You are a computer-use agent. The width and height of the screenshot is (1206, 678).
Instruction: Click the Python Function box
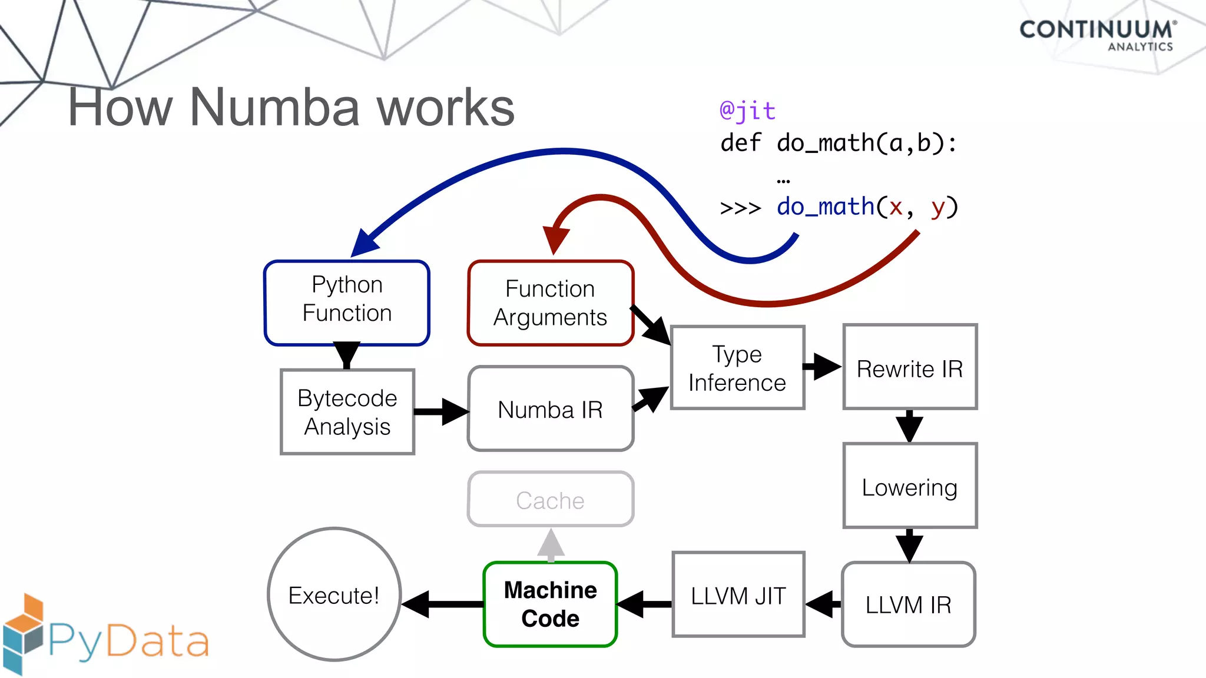coord(347,303)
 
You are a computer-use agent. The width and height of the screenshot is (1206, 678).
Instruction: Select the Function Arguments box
coord(550,303)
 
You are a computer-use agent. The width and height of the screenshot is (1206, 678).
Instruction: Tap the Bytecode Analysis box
coord(347,411)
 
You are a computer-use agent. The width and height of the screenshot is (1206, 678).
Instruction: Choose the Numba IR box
coord(550,409)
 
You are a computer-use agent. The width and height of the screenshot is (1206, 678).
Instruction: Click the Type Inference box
coord(737,368)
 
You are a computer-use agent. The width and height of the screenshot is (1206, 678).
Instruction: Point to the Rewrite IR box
coord(909,367)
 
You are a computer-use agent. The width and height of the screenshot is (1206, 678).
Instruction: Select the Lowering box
coord(909,486)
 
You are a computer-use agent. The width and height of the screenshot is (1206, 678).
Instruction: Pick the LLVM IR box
coord(908,604)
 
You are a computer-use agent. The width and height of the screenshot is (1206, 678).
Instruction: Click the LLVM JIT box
coord(738,595)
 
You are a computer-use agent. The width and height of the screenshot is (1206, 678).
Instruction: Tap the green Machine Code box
coord(550,604)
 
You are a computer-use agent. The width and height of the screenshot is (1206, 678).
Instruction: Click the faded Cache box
coord(550,499)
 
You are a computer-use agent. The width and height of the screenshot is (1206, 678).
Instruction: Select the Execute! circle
coord(334,594)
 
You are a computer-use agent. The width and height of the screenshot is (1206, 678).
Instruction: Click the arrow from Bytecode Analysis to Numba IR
coord(441,411)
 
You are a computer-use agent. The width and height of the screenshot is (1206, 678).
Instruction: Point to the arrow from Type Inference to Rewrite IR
coord(823,366)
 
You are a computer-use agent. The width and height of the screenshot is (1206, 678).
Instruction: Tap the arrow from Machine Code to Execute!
coord(443,604)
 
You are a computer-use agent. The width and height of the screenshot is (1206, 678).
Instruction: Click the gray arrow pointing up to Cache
coord(551,545)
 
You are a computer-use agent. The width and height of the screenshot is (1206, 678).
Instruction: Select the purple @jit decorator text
coord(747,111)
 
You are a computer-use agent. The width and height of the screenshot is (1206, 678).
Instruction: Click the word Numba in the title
coord(274,107)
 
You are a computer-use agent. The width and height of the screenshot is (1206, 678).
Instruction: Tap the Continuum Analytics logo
coord(1098,35)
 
